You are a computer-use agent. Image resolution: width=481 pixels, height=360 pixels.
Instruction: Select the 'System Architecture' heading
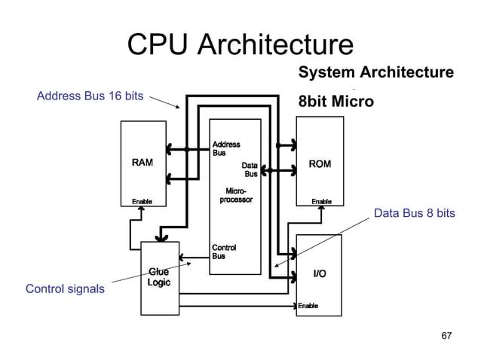375,72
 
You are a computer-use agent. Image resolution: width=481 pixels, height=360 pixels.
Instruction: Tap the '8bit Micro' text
335,101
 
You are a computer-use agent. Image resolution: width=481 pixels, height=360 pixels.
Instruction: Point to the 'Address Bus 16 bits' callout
90,96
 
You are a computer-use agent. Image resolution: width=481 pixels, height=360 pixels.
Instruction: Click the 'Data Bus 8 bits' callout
414,214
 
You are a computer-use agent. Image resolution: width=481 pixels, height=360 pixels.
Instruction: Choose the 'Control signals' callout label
65,288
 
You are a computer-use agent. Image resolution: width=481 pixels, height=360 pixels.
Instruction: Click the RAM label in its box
143,163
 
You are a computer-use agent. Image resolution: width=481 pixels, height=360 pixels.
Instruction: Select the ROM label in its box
320,163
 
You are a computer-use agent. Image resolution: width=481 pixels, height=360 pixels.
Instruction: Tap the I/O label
320,273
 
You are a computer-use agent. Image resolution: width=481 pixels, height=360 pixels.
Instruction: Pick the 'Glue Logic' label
159,277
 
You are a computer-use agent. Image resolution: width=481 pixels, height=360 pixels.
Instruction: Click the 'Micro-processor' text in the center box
235,195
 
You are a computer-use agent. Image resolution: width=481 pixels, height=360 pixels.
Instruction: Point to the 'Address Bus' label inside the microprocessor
226,148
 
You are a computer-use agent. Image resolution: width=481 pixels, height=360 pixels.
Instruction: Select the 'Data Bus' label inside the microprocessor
249,169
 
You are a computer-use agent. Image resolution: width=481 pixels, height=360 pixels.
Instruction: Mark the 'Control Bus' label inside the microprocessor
225,252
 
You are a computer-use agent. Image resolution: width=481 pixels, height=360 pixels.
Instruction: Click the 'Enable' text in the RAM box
142,202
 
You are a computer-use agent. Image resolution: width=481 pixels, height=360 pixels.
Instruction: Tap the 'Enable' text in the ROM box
322,202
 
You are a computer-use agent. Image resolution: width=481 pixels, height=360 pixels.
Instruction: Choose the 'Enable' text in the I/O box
308,306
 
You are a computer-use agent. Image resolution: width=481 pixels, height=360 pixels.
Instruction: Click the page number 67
446,335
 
